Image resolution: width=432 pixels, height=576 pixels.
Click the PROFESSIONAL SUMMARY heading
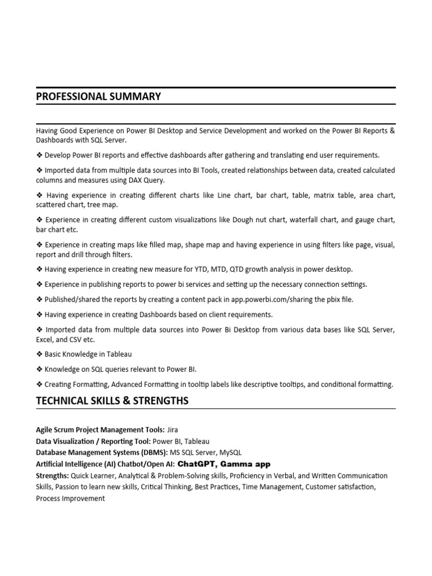point(98,97)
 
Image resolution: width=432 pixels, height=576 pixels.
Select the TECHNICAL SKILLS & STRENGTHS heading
point(112,401)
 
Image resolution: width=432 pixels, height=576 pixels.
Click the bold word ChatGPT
point(196,464)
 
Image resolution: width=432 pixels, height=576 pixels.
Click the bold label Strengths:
point(52,476)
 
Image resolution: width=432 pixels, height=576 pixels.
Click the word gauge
point(367,219)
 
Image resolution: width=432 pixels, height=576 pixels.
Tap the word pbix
point(330,299)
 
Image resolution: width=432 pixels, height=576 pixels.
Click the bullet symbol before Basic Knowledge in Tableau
point(39,354)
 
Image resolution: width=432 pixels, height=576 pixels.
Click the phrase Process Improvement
point(70,498)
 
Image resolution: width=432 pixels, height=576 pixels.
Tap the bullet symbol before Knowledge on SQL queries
point(39,370)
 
